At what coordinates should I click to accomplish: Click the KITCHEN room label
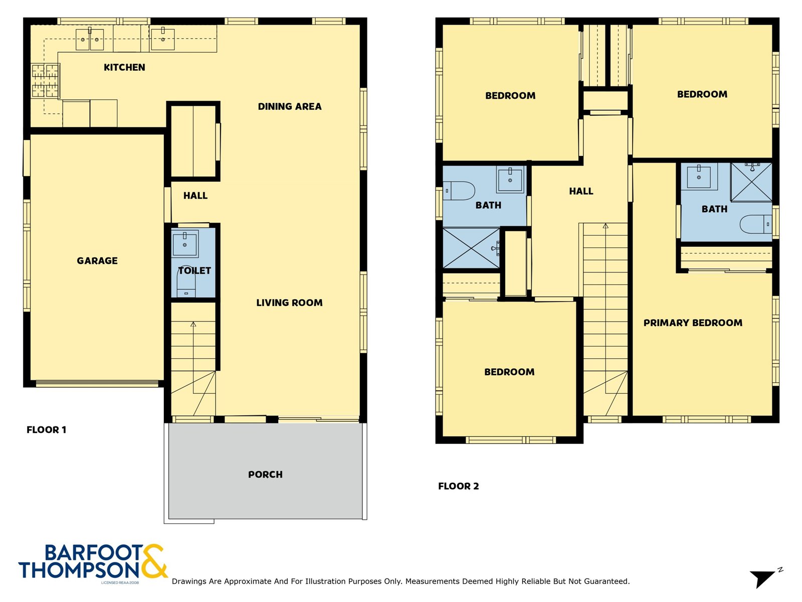124,67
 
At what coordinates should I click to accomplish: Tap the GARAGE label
97,260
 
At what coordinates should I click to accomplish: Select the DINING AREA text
290,106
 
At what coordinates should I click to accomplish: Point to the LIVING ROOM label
289,303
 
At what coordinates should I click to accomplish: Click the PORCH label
265,475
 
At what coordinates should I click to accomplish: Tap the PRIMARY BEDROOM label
693,323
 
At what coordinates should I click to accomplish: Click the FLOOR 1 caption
46,429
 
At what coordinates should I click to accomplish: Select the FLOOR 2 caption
458,486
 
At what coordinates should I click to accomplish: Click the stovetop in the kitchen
45,80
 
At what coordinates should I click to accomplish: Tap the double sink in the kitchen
90,39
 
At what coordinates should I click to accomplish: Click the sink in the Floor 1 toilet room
185,243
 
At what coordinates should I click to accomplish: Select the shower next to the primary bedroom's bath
751,182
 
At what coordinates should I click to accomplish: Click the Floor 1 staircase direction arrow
193,325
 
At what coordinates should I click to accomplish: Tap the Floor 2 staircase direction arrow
606,226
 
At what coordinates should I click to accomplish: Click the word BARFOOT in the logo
94,553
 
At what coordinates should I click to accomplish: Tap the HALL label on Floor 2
581,191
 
